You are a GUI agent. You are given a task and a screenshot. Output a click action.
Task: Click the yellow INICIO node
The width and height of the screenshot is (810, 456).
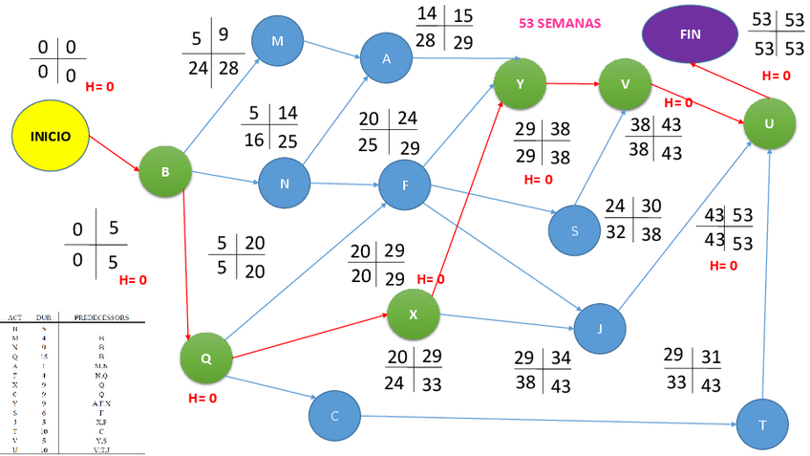(50, 137)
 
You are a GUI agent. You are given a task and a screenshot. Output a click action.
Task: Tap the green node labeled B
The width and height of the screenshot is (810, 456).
(165, 172)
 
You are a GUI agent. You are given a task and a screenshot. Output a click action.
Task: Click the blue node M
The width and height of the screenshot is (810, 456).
(277, 40)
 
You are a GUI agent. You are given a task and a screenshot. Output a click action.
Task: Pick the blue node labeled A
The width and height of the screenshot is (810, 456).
(386, 57)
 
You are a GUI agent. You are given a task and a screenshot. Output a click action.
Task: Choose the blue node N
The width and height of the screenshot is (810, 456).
(285, 182)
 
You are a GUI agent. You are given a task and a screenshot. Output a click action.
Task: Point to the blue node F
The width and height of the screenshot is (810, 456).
(405, 185)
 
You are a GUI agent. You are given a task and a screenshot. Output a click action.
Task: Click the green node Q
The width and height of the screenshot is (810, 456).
(206, 359)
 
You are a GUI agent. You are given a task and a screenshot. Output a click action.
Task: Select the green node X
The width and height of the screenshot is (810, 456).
(413, 314)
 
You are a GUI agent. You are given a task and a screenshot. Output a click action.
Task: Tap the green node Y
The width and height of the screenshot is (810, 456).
(520, 83)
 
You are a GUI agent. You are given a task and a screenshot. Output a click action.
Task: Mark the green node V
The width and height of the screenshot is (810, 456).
(625, 83)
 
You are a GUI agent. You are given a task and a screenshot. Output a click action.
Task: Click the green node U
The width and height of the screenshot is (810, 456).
(771, 124)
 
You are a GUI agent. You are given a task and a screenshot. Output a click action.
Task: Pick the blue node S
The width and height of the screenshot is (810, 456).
(574, 231)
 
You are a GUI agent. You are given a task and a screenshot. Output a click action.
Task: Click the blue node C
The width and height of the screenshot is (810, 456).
(333, 416)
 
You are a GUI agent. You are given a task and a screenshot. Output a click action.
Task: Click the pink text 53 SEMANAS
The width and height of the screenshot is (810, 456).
(561, 22)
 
